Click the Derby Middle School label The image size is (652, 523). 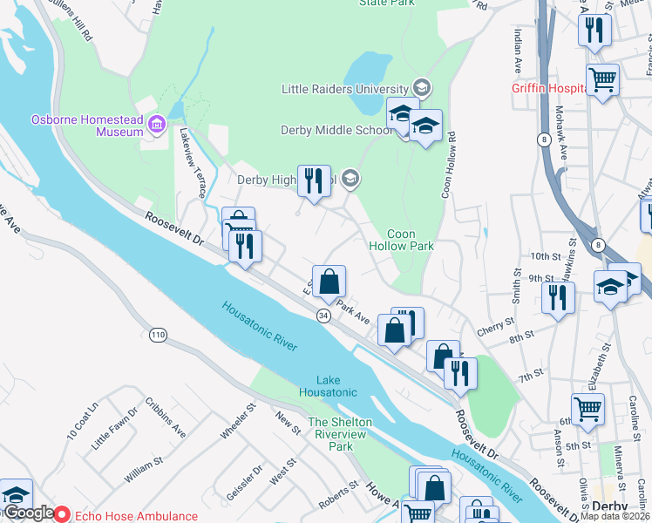(336, 131)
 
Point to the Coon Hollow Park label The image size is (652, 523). (410, 240)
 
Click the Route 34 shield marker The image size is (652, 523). (323, 316)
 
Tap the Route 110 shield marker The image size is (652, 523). (158, 334)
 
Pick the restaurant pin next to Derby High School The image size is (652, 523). (314, 181)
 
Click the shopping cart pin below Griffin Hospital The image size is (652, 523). (602, 81)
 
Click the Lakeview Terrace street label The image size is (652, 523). (192, 162)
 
